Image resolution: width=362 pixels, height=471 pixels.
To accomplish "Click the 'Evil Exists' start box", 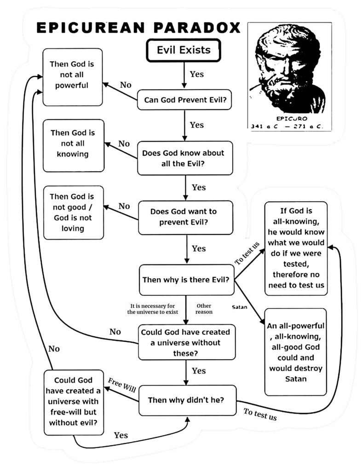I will point(184,50).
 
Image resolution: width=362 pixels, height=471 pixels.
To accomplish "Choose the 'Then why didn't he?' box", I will point(186,400).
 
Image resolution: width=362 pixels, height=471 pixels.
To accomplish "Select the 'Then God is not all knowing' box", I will point(73,143).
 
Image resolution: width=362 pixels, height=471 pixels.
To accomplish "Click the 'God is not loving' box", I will point(73,213).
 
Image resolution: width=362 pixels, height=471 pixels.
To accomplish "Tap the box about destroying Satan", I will point(296,351).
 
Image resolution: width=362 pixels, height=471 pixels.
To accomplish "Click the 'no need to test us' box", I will point(296,248).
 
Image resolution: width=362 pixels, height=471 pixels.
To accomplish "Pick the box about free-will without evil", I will point(73,401).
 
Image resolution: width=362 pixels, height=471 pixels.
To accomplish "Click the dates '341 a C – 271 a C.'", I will point(287,126).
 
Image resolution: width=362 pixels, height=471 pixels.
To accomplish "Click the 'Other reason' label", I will point(204,309).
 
